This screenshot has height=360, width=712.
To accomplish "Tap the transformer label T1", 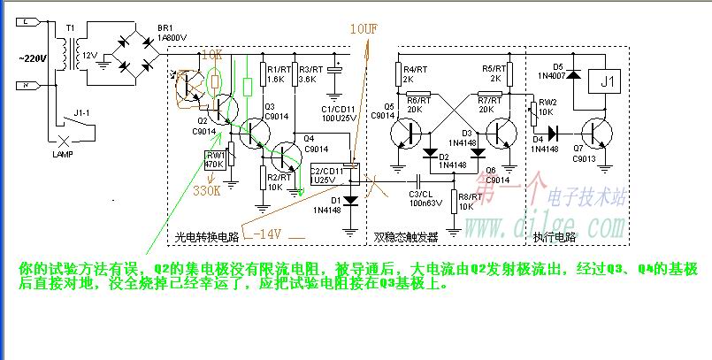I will [70, 28].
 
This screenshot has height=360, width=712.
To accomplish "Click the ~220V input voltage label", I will [34, 58].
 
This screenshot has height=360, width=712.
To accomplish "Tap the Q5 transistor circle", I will [409, 134].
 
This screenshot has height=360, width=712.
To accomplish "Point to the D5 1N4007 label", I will [557, 72].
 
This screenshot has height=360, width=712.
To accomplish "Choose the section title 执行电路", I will [555, 237].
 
